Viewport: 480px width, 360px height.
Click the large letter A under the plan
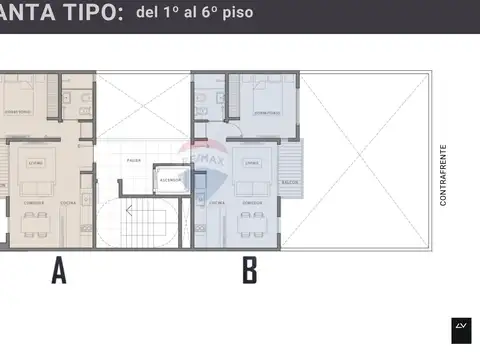tap(59, 271)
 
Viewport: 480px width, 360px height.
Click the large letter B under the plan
tap(249, 271)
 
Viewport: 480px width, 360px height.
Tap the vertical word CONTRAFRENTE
tap(443, 176)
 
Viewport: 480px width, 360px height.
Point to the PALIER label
tap(133, 160)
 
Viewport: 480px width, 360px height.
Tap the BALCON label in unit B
tap(290, 183)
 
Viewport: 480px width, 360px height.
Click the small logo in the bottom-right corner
tap(461, 328)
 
